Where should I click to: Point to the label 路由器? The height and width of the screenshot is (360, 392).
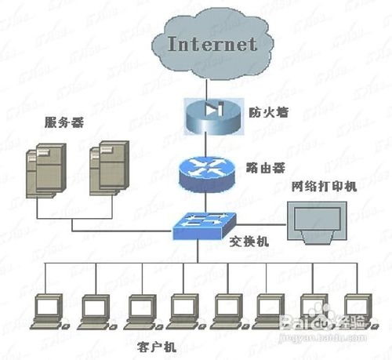pos(263,166)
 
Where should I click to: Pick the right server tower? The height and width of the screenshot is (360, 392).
pos(105,169)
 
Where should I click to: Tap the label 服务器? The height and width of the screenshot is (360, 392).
pos(63,123)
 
